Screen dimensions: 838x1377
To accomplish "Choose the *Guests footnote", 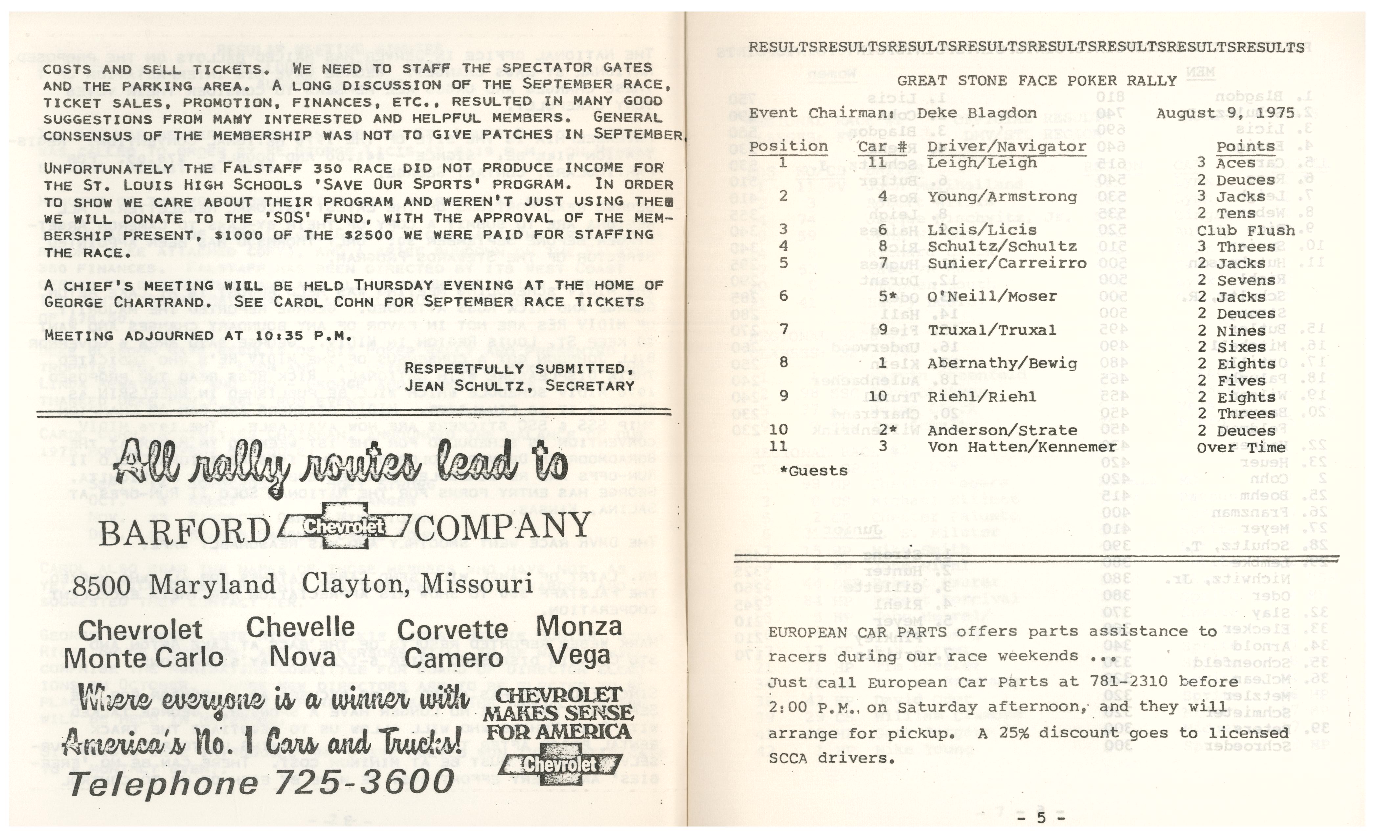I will tap(814, 471).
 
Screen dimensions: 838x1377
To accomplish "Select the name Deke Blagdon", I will tap(976, 113).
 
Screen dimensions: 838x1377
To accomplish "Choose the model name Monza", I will tap(579, 626).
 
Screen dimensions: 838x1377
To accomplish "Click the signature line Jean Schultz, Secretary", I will tap(519, 386).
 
